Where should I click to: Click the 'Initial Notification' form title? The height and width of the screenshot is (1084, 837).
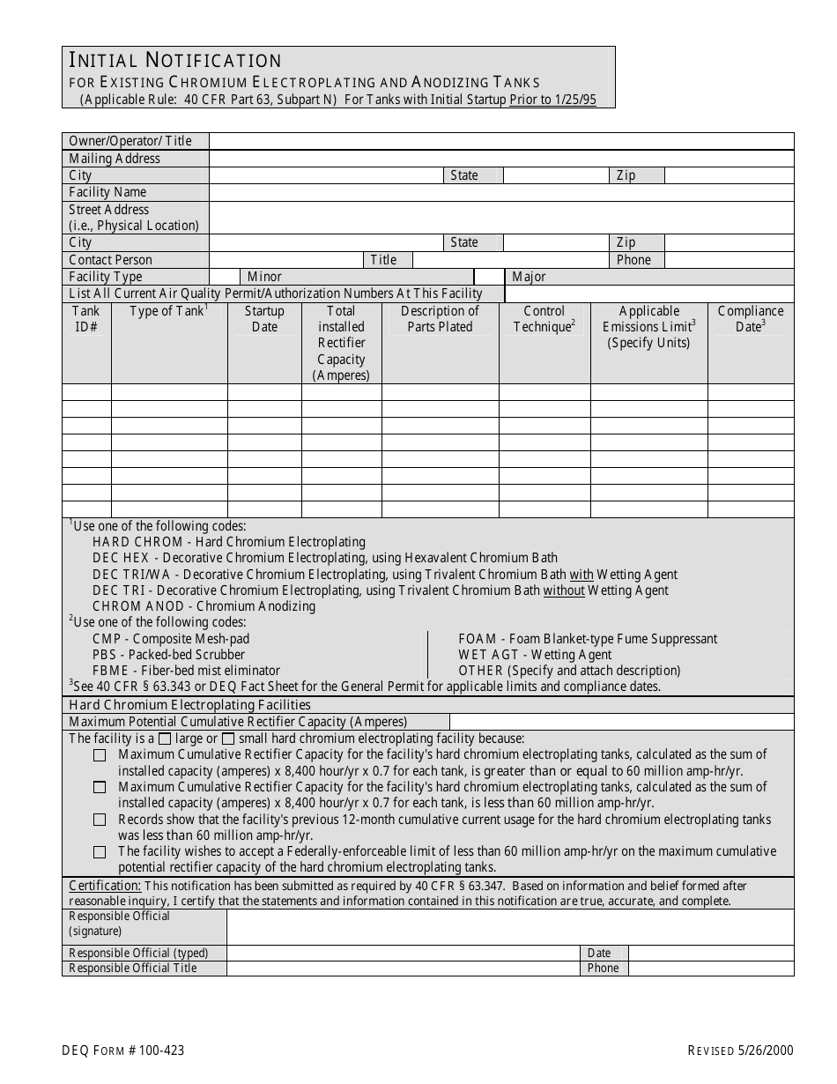tap(175, 60)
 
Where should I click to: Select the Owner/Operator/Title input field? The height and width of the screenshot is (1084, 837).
tap(500, 141)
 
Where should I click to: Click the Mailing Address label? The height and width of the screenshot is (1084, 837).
tap(115, 159)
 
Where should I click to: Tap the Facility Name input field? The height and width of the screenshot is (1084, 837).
tap(500, 192)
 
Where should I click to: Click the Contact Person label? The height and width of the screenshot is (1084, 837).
tap(110, 260)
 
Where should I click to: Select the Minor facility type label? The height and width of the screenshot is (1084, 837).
tap(264, 277)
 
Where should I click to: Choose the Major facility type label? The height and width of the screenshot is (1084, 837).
tap(529, 277)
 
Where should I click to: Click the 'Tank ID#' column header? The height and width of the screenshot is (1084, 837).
tap(86, 319)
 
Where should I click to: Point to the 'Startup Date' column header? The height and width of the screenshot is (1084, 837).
tap(264, 319)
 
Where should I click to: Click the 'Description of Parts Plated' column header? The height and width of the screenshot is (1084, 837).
tap(440, 319)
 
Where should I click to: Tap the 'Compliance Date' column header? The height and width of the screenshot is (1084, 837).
tap(750, 319)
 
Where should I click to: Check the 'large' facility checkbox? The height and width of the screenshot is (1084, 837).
tap(165, 739)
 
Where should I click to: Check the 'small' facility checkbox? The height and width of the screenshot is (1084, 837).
tap(228, 739)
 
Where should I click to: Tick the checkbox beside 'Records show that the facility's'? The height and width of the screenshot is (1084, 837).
tap(100, 820)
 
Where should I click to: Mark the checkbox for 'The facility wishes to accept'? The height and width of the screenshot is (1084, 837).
tap(100, 851)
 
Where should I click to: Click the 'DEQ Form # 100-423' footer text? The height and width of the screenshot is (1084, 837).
tap(122, 1051)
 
